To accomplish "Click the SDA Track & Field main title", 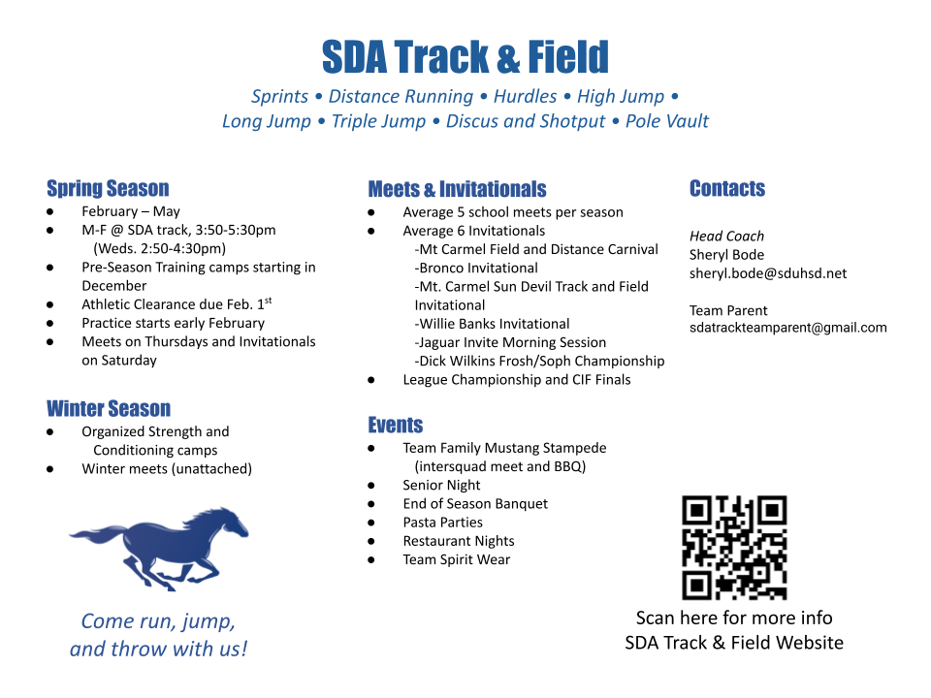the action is [465, 57].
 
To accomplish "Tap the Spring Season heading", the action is [108, 188].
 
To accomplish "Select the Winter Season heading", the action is [109, 408].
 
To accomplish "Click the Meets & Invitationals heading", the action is [457, 189].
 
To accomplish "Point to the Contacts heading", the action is [727, 188].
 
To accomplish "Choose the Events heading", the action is [396, 425].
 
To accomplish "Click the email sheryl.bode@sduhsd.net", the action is [768, 273].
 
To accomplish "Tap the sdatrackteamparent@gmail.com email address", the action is [787, 328].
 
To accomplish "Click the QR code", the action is [734, 547].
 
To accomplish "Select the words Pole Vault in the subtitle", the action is [667, 121].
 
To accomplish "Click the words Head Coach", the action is [726, 237].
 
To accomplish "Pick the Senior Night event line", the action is [441, 485].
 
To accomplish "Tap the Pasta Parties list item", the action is [442, 523].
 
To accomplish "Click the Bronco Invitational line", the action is [476, 268].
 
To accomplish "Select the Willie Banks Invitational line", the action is [493, 324].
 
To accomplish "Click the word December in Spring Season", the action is [114, 285].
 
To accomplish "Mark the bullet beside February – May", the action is [49, 212].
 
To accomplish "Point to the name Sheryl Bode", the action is [726, 255].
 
